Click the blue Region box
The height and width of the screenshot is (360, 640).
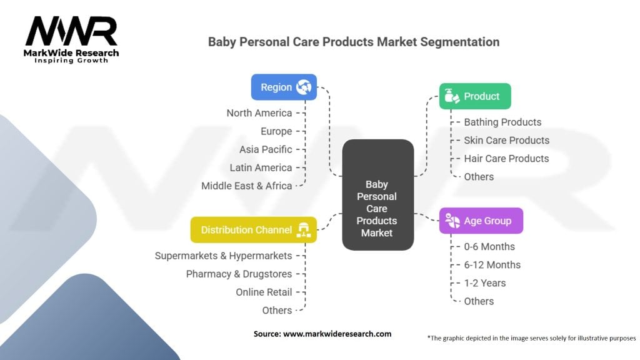[x=284, y=87]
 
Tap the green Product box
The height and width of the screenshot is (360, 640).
[x=475, y=96]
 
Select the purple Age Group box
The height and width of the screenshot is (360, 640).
[x=481, y=221]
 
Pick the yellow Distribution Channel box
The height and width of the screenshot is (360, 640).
[x=254, y=230]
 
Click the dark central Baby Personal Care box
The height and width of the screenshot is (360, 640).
[x=377, y=195]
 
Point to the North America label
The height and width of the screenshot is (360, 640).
[x=259, y=113]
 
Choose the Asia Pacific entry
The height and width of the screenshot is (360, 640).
[x=266, y=149]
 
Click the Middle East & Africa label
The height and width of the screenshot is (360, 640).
[x=246, y=186]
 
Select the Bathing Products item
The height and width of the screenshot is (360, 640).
[x=502, y=122]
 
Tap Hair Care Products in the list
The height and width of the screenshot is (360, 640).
[x=506, y=158]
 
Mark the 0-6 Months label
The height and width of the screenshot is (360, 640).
[x=489, y=246]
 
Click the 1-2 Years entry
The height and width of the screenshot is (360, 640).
[x=484, y=283]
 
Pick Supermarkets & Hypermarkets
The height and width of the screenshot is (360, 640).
[x=223, y=256]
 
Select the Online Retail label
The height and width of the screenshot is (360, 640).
[x=264, y=292]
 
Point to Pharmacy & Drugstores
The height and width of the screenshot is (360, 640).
[x=239, y=274]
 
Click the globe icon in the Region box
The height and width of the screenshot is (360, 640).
[x=304, y=87]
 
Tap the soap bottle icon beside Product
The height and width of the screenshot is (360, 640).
[x=451, y=96]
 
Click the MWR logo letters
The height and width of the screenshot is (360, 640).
[x=71, y=31]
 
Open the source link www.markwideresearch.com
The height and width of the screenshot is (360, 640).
[x=337, y=334]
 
